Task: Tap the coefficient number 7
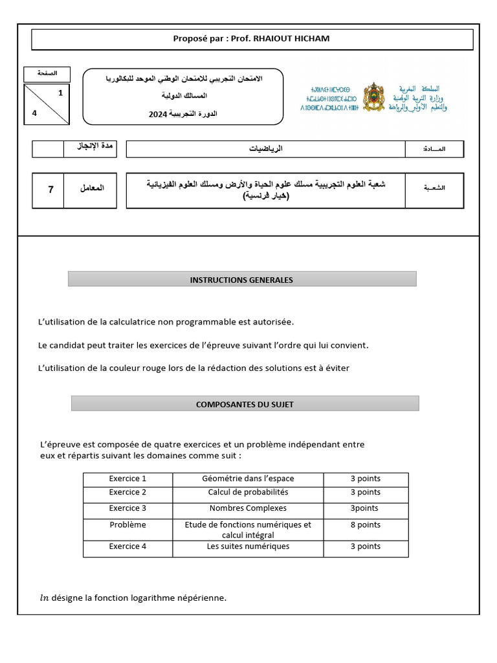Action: coord(50,190)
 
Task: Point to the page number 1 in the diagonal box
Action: coord(60,93)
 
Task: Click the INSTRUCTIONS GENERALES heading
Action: coord(241,280)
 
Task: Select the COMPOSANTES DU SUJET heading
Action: coord(245,405)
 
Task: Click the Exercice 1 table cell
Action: coord(127,479)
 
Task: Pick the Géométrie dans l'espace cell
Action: coord(248,479)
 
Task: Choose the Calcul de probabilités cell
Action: coord(248,492)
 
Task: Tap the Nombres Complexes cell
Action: coord(248,508)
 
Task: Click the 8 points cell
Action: coord(366,525)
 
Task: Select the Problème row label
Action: coord(127,525)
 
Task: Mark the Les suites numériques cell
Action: coord(248,546)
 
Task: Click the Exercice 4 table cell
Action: coord(127,546)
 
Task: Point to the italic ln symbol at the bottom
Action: coord(44,598)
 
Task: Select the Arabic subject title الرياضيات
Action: coord(266,149)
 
